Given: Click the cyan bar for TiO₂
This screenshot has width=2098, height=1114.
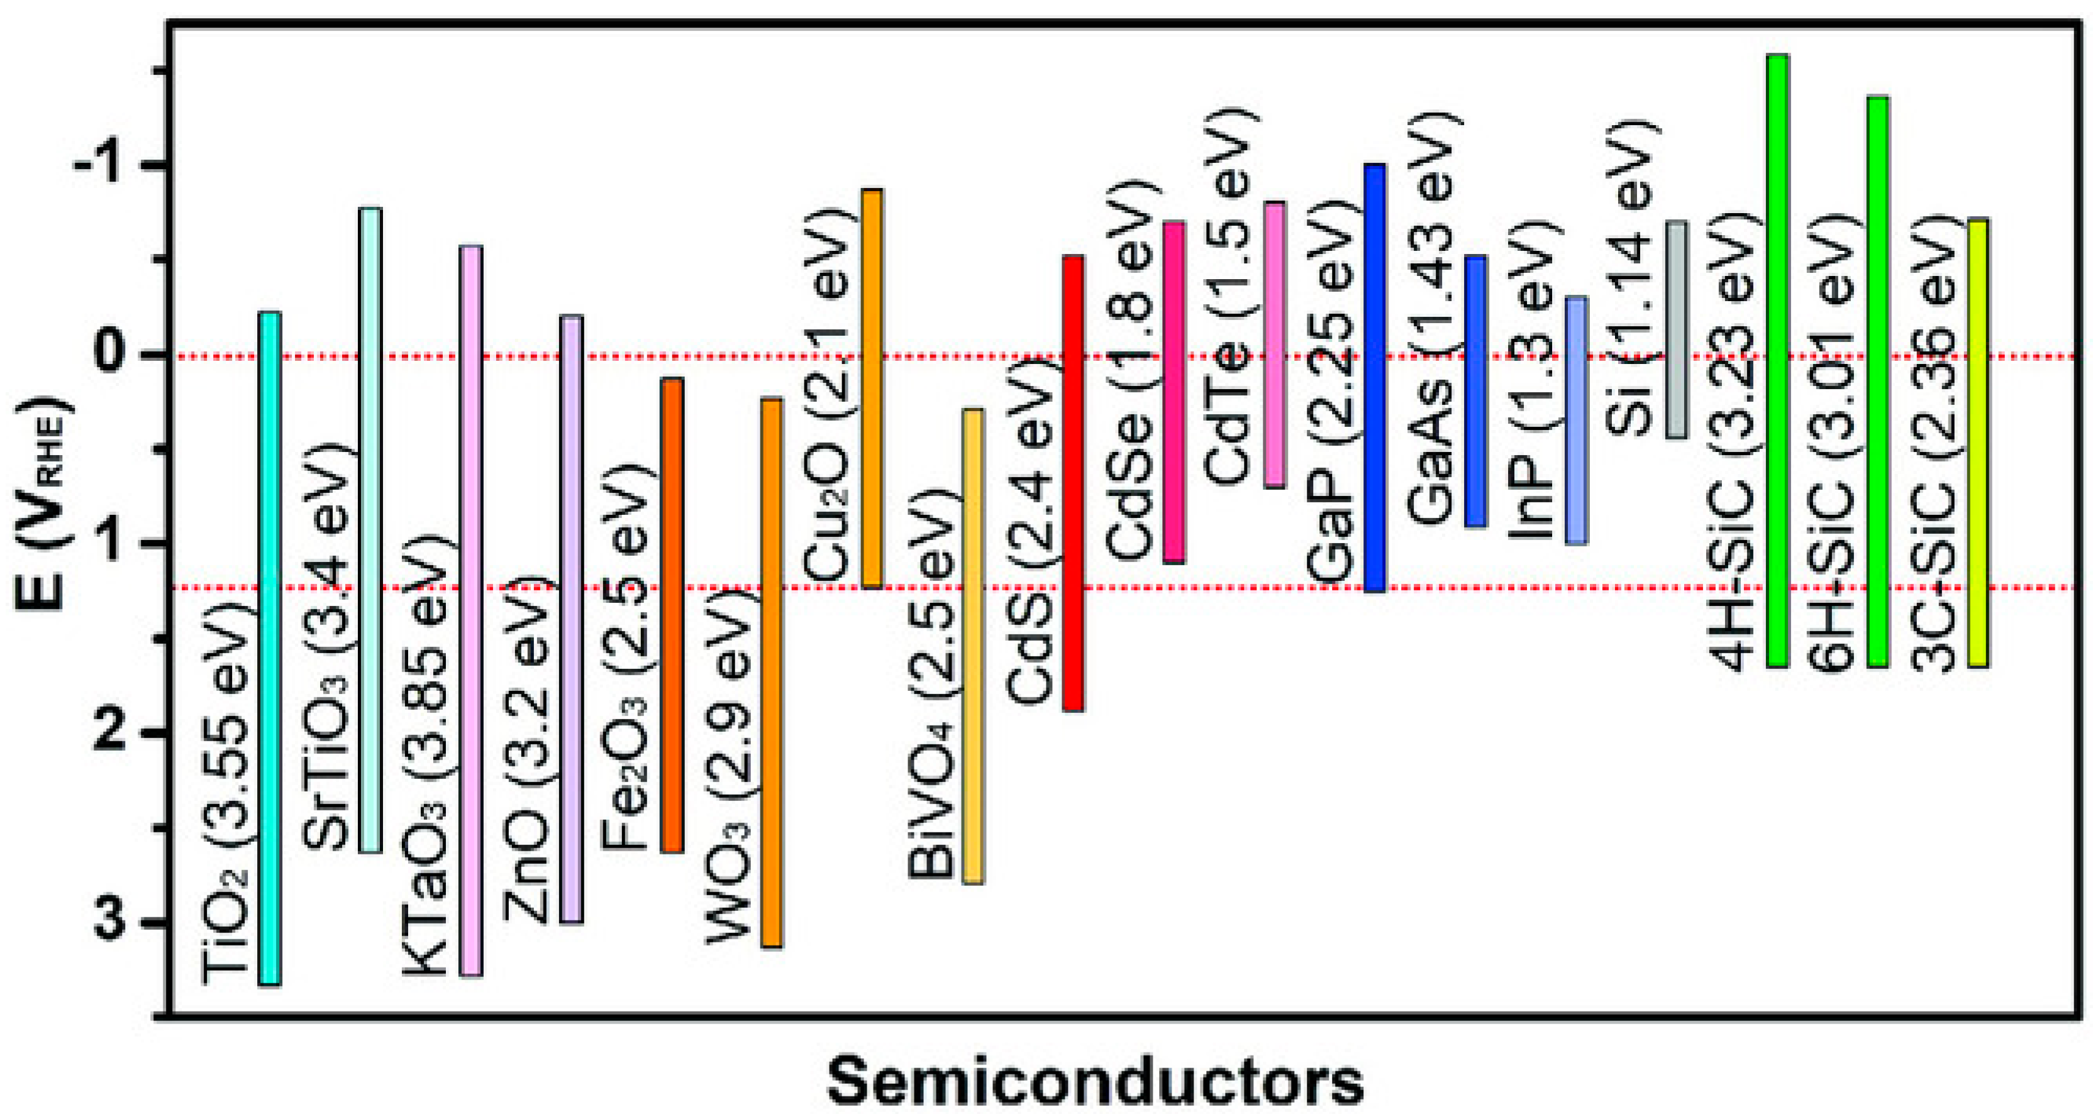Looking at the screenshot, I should pyautogui.click(x=270, y=648).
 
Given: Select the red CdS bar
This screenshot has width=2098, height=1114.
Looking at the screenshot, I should pyautogui.click(x=1073, y=483).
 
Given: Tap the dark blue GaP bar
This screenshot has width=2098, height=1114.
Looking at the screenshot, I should pyautogui.click(x=1375, y=378).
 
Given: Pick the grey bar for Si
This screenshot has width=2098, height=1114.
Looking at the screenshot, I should pyautogui.click(x=1676, y=329).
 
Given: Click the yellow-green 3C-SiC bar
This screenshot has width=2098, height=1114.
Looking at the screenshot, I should pyautogui.click(x=1979, y=442).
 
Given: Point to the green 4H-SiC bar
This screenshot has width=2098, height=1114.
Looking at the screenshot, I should pyautogui.click(x=1777, y=361).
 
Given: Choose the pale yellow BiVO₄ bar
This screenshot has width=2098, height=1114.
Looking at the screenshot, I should pyautogui.click(x=974, y=646).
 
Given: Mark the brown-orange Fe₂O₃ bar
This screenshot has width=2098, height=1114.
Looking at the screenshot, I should pyautogui.click(x=672, y=615).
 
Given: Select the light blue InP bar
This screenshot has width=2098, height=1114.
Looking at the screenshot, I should pyautogui.click(x=1576, y=420).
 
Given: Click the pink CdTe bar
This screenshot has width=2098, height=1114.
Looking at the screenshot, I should pyautogui.click(x=1275, y=345).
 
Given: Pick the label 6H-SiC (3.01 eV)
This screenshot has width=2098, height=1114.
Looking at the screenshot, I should pyautogui.click(x=1833, y=444).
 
